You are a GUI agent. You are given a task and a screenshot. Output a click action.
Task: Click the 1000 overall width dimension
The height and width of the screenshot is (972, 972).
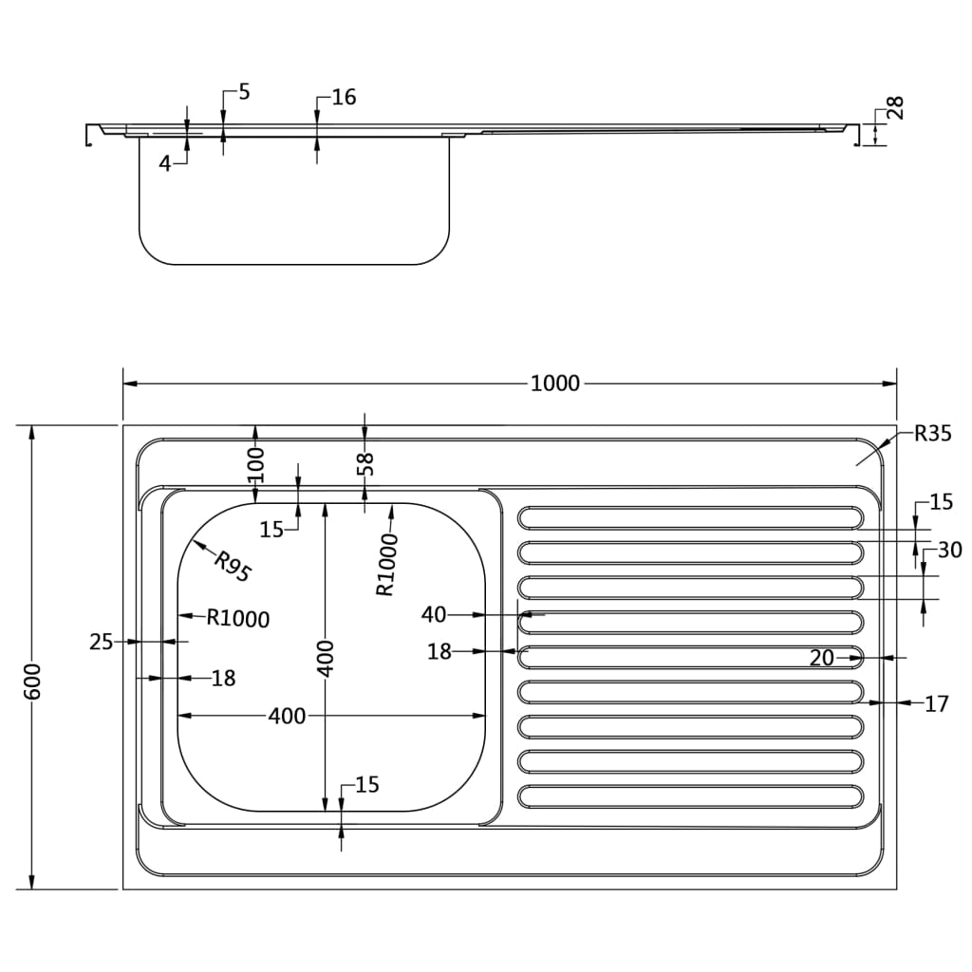(554, 383)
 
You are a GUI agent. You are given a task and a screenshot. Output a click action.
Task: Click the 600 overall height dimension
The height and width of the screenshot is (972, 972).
(33, 682)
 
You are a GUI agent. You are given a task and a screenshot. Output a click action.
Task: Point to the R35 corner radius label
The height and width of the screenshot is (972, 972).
(932, 435)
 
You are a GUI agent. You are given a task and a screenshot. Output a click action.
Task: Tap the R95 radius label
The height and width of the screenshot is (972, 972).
(232, 567)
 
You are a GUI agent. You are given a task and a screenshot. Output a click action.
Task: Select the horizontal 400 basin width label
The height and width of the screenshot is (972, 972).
(287, 716)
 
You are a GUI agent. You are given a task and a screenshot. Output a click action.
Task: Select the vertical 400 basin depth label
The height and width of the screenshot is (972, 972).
(326, 658)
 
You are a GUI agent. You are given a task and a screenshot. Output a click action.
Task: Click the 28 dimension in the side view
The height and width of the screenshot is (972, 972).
(894, 107)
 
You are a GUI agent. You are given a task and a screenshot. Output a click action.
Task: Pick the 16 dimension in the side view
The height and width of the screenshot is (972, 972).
(343, 97)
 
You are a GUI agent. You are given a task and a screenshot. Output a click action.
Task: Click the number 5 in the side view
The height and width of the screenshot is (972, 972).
(244, 92)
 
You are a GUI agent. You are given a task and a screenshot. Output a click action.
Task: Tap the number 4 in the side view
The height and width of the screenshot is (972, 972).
(164, 163)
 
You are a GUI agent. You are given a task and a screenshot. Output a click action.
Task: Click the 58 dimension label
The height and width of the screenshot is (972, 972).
(366, 463)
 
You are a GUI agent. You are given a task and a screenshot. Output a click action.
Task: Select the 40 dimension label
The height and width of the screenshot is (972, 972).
(434, 615)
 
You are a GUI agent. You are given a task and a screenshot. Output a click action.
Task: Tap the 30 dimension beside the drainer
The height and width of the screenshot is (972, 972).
(949, 550)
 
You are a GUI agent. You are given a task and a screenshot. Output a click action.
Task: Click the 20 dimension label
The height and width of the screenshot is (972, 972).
(822, 657)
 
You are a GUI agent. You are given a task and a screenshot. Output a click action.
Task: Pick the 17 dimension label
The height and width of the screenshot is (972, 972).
(936, 704)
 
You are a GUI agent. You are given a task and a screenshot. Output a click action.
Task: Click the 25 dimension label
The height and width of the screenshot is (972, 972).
(102, 643)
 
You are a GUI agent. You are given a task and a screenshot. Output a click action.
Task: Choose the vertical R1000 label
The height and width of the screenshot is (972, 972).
(385, 565)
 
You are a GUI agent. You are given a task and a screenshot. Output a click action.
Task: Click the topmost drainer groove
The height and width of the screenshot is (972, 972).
(690, 517)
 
